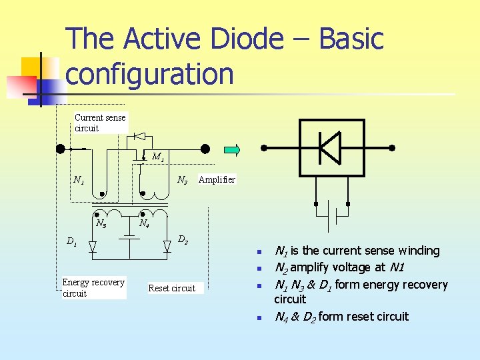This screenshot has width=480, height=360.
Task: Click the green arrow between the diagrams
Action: pos(231,149)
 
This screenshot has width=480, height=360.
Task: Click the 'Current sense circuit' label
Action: pos(100,123)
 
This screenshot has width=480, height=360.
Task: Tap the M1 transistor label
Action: pos(158,158)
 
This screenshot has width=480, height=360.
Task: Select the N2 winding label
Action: pos(181,181)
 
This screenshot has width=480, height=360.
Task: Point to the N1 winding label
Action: pos(79,180)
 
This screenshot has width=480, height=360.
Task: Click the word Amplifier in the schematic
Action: pos(217,180)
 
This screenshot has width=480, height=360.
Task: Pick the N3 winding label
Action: pos(101,224)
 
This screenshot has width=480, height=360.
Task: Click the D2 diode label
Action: pos(182,239)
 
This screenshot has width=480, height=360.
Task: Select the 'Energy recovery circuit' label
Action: pos(93,287)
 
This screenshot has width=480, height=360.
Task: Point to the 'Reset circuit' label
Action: pos(171,288)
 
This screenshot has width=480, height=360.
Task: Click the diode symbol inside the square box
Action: pos(330,147)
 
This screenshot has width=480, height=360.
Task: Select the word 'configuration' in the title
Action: pos(150,74)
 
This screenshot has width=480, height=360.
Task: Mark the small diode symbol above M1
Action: pos(139,137)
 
